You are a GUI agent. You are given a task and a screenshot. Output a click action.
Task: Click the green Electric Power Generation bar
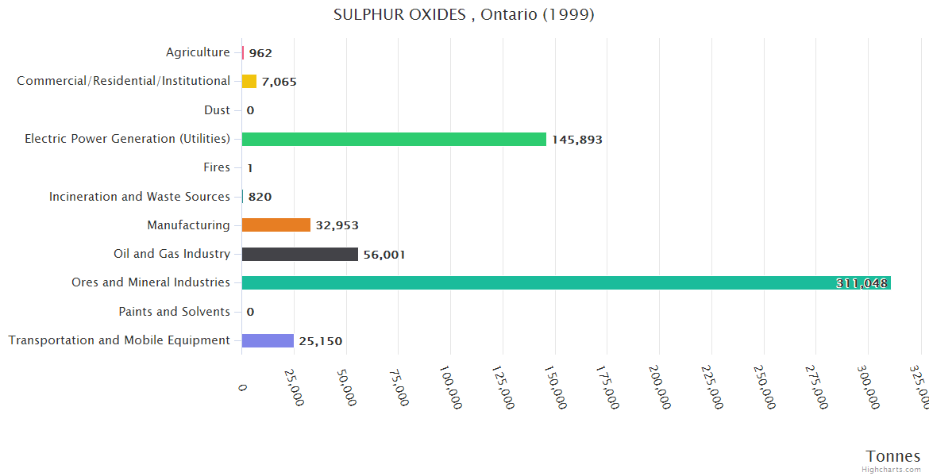(394, 139)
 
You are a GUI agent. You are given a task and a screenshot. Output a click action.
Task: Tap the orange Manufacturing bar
(276, 225)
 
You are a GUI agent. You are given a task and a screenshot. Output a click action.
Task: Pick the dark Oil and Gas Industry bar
(299, 254)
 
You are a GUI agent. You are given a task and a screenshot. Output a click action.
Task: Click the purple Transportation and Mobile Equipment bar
(268, 340)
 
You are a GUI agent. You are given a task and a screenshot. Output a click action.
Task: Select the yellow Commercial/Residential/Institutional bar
(249, 81)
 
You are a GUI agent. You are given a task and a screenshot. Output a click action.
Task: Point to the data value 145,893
(577, 140)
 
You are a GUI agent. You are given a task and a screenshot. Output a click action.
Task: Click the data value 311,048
(862, 283)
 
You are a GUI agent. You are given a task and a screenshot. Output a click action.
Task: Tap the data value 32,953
(337, 226)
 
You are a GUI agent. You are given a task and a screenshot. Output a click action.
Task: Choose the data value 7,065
(279, 82)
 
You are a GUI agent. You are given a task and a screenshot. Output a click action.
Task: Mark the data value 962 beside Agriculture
(260, 53)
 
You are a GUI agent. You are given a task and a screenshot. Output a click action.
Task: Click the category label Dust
(217, 110)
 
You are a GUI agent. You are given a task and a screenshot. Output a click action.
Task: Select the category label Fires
(217, 167)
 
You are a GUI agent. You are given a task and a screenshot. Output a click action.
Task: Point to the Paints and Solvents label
(174, 312)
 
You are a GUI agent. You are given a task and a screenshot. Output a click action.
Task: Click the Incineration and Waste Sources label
(140, 197)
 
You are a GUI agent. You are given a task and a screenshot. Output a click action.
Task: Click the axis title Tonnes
(892, 456)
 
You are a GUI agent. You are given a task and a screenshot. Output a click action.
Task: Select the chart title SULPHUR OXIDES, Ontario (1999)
(464, 15)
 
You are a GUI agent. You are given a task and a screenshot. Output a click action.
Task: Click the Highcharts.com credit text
(893, 470)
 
